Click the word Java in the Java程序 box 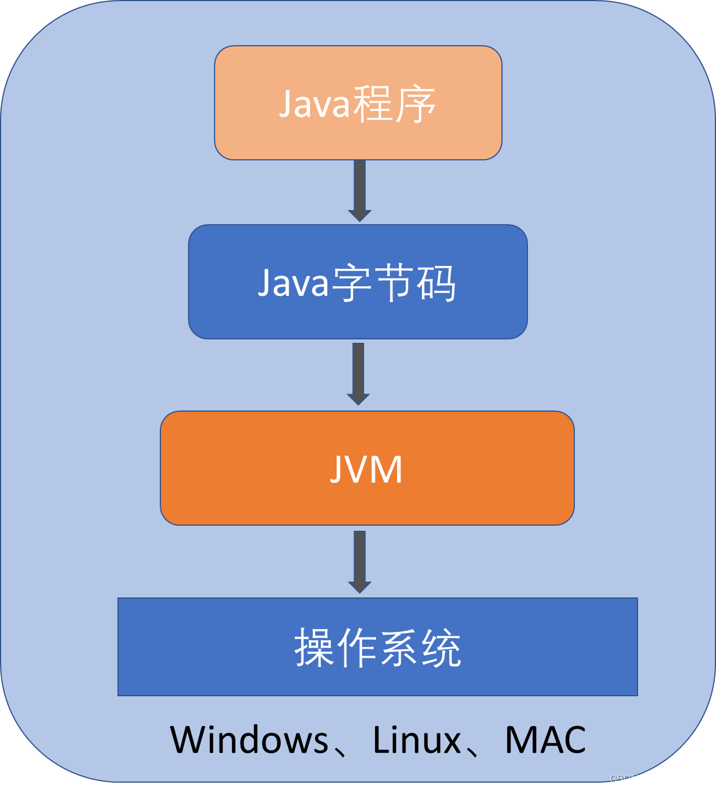[315, 104]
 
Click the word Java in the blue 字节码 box [293, 283]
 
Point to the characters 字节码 [394, 283]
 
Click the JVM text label [366, 469]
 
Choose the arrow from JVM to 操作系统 [359, 561]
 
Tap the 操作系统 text [378, 648]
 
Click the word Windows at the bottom [249, 740]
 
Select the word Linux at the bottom [417, 740]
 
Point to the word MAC [545, 740]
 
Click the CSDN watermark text [624, 779]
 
